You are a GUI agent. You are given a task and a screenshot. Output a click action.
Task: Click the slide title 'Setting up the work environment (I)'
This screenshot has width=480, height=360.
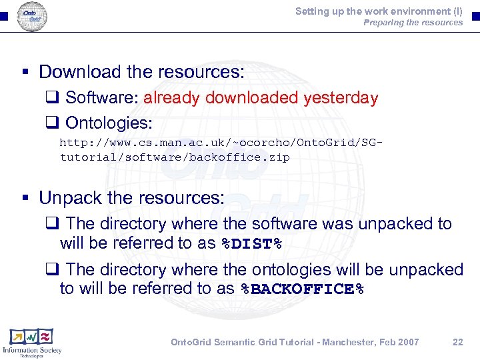[379, 11]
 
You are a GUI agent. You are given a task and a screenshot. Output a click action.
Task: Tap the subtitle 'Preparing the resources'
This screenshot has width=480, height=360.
[413, 23]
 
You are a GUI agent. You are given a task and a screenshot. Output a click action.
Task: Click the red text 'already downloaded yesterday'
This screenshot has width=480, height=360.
[261, 98]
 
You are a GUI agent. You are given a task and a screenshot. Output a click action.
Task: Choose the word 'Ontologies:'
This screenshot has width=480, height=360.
[109, 123]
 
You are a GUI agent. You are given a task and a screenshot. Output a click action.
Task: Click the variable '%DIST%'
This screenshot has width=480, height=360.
[251, 244]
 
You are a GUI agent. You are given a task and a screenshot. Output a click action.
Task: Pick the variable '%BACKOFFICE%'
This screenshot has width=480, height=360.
[303, 289]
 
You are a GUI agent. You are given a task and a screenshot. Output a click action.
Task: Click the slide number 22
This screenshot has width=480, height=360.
[457, 342]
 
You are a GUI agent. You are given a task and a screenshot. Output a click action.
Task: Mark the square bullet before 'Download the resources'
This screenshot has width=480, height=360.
[24, 72]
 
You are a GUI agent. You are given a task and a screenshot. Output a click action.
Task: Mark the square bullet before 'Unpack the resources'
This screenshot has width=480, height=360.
[24, 199]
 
